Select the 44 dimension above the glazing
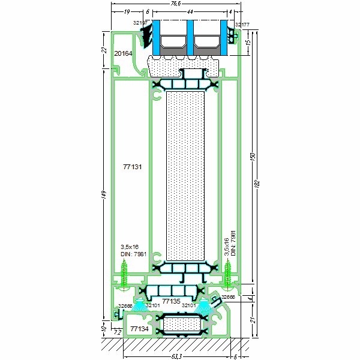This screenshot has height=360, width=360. point(190,12)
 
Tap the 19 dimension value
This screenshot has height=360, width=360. point(127,12)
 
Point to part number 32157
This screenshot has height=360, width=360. point(141,22)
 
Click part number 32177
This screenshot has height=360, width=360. point(242,25)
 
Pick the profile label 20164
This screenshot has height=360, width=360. point(124,53)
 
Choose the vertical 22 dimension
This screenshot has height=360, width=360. point(104,51)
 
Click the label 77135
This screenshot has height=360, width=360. point(171,301)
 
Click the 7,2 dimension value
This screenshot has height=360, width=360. point(118,331)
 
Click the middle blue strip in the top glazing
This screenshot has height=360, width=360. point(189,39)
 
